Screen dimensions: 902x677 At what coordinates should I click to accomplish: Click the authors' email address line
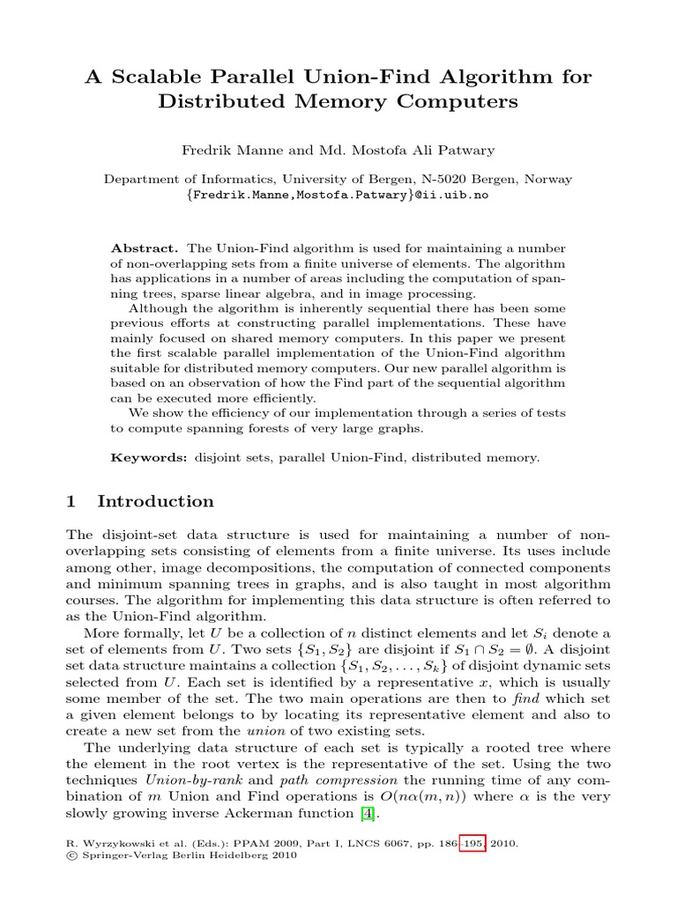pos(338,195)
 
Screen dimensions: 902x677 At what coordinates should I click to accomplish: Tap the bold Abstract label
pos(145,249)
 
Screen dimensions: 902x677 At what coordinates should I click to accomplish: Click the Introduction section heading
pos(155,502)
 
